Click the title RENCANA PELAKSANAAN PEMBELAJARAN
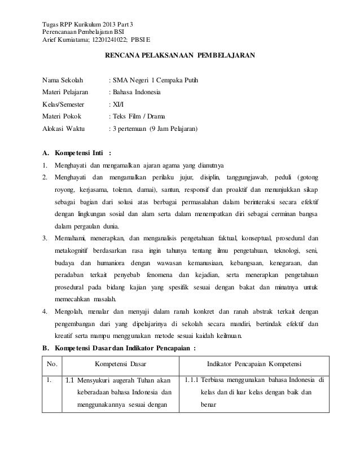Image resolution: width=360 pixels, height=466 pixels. [180, 56]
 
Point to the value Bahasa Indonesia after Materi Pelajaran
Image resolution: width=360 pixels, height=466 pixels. [136, 91]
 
